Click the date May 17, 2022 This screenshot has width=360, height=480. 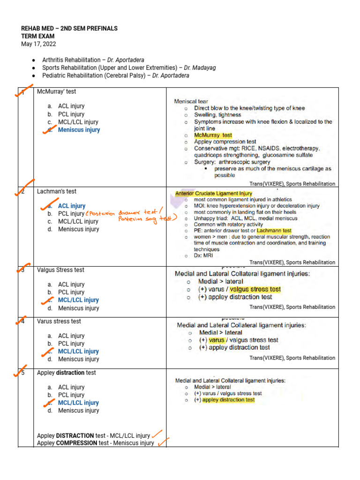38,44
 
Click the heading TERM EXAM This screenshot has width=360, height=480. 37,36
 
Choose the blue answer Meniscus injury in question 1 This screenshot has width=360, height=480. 79,130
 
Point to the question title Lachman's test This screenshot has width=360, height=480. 56,191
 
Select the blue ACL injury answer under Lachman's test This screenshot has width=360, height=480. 72,206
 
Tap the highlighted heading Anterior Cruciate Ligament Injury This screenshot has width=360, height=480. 213,193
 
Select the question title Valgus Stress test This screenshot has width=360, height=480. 60,270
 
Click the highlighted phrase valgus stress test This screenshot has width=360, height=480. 255,289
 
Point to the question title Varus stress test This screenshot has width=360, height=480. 59,321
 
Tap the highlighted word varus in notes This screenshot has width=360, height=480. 217,340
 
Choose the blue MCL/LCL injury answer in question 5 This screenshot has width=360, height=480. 78,403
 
